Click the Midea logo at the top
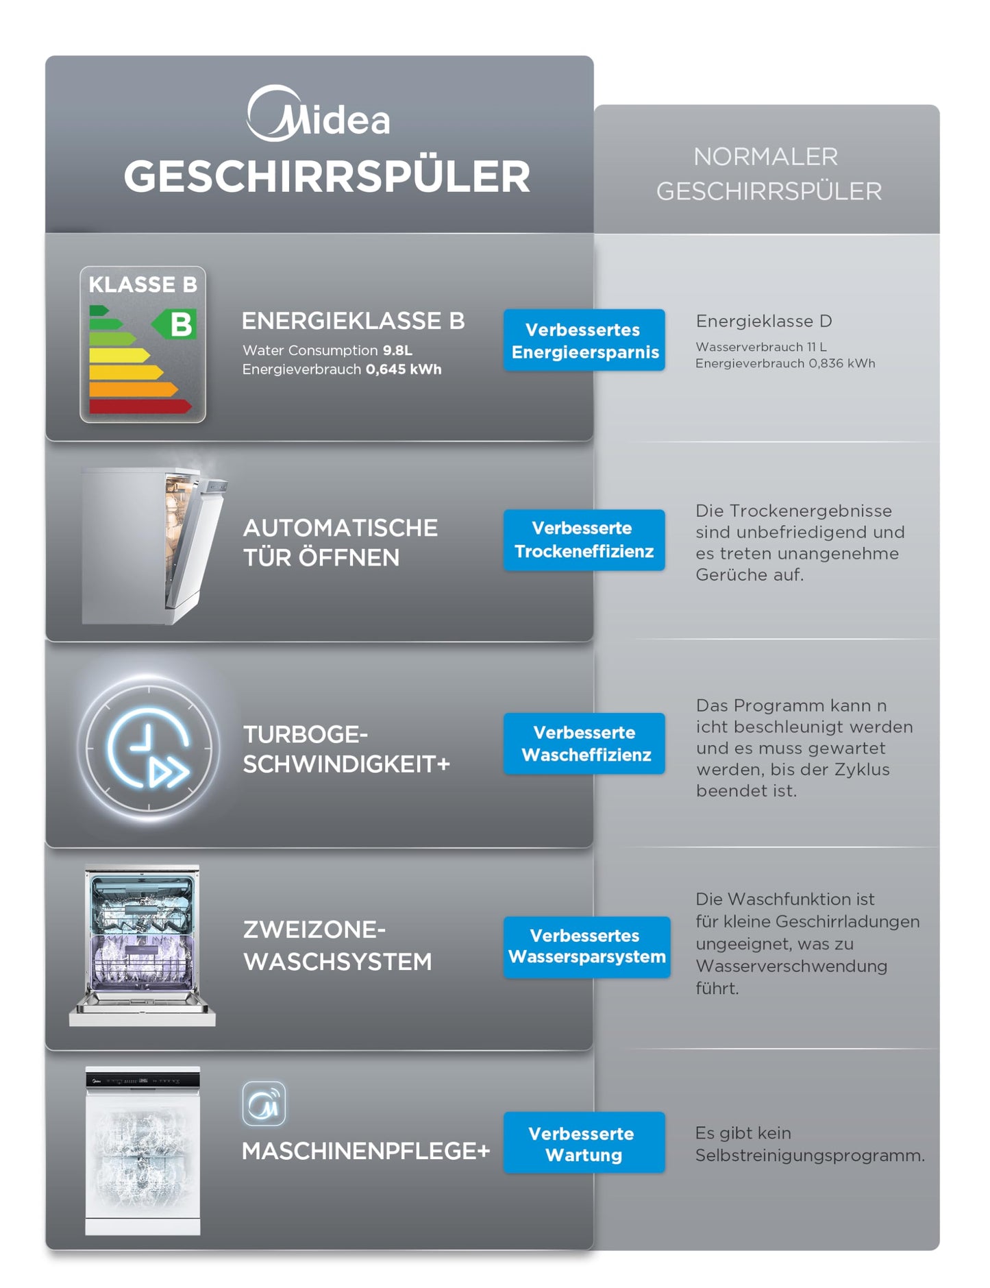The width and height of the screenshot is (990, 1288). pyautogui.click(x=319, y=114)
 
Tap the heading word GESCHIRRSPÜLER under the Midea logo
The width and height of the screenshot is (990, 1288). pyautogui.click(x=327, y=177)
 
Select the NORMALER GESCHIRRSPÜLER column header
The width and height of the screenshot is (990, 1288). pyautogui.click(x=768, y=174)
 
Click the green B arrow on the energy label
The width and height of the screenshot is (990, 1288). pyautogui.click(x=175, y=324)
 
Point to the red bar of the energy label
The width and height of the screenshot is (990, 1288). pyautogui.click(x=140, y=406)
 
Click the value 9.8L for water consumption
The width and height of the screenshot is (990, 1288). pyautogui.click(x=397, y=350)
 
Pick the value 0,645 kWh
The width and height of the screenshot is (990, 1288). pyautogui.click(x=404, y=369)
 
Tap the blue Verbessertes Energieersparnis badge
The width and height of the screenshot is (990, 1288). pyautogui.click(x=584, y=341)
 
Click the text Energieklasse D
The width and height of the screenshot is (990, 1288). pyautogui.click(x=764, y=321)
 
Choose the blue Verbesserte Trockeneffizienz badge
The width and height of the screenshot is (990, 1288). pyautogui.click(x=584, y=540)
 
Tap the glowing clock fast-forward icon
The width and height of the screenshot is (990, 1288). pyautogui.click(x=149, y=748)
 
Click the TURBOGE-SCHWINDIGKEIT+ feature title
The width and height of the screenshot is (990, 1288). pyautogui.click(x=346, y=749)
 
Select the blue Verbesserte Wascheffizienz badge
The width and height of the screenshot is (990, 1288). pyautogui.click(x=584, y=744)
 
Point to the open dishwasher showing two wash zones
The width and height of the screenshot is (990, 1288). pyautogui.click(x=143, y=945)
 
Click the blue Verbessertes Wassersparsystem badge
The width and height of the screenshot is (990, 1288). pyautogui.click(x=586, y=947)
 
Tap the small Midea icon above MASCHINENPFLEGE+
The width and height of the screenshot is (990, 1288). pyautogui.click(x=264, y=1104)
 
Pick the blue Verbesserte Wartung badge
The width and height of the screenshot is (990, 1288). pyautogui.click(x=584, y=1143)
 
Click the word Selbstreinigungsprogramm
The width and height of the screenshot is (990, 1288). pyautogui.click(x=809, y=1156)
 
